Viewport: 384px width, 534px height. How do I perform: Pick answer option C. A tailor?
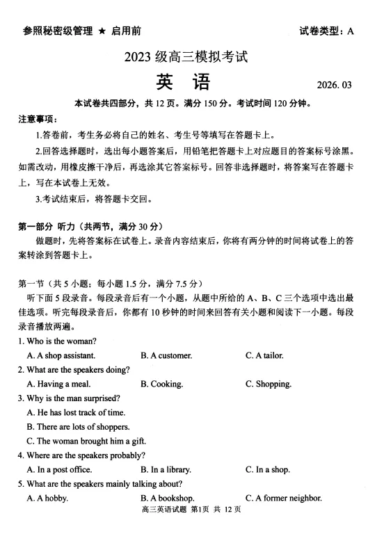[x=264, y=355]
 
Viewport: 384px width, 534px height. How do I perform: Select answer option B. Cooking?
[x=162, y=384]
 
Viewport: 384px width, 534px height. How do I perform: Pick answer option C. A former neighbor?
[x=284, y=498]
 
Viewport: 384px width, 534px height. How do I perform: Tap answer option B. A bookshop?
[x=168, y=498]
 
